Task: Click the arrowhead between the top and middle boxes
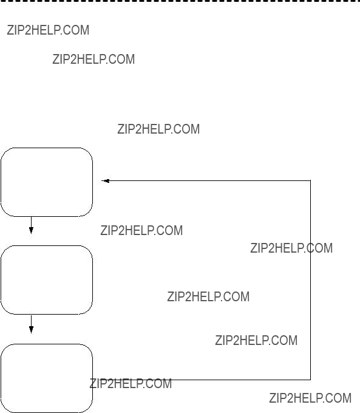click(31, 230)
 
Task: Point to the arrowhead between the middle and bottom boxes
click(31, 329)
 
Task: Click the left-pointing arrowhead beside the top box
click(106, 181)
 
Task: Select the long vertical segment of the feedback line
click(310, 280)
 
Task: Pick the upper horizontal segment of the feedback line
click(206, 181)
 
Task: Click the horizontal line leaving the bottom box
click(202, 380)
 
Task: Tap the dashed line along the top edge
click(180, 1)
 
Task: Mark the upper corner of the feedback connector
click(310, 181)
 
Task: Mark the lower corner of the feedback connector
click(310, 380)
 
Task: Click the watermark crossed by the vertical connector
click(291, 248)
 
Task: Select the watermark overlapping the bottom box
click(131, 383)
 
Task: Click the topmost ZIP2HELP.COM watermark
click(48, 30)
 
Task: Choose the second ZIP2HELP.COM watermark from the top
click(93, 59)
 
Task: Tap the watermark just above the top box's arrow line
click(158, 129)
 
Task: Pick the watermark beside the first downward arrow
click(141, 230)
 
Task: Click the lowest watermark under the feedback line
click(310, 398)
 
